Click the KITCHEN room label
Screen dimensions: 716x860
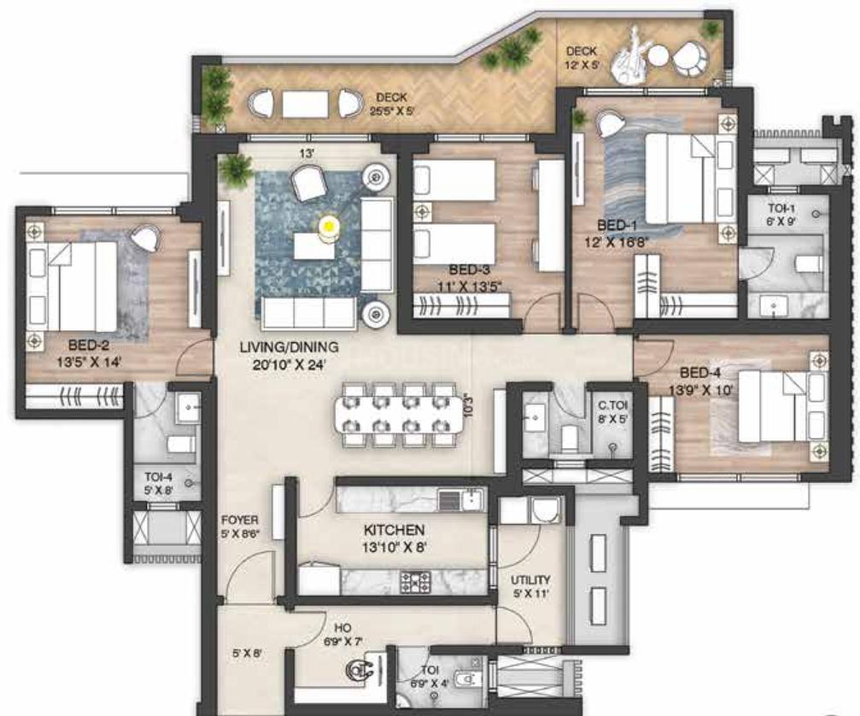pyautogui.click(x=395, y=530)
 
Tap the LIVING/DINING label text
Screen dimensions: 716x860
pyautogui.click(x=277, y=347)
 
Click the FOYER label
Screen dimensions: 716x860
pyautogui.click(x=240, y=519)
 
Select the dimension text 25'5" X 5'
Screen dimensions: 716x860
pyautogui.click(x=391, y=110)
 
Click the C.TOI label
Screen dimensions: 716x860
pyautogui.click(x=614, y=405)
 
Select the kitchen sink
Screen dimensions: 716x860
pyautogui.click(x=462, y=498)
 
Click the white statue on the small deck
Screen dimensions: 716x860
pyautogui.click(x=632, y=56)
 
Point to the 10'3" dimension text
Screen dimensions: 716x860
pyautogui.click(x=466, y=402)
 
